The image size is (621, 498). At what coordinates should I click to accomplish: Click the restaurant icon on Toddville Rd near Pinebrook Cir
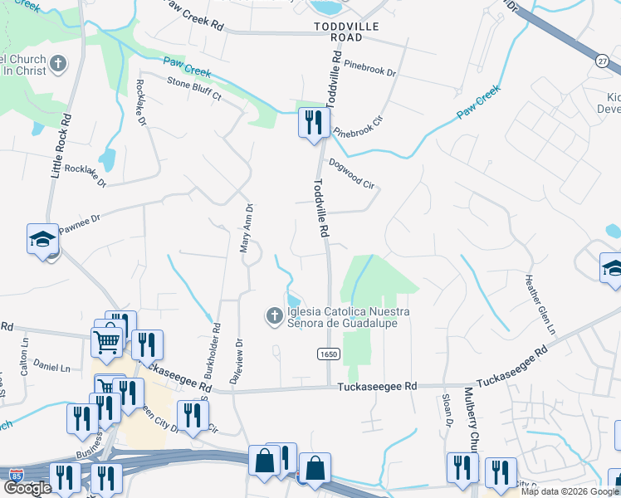point(310,123)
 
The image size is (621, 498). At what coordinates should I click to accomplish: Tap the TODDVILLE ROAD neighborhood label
point(338,32)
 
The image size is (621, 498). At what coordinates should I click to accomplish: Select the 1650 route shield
point(329,354)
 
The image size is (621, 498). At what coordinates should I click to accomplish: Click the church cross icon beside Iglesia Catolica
point(274,315)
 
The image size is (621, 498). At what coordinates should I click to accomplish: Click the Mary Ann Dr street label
point(247,228)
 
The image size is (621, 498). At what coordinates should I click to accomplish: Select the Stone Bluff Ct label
point(195,89)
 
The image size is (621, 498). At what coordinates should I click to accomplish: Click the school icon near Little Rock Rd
point(42,240)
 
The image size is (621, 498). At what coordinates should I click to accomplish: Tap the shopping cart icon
point(106,341)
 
